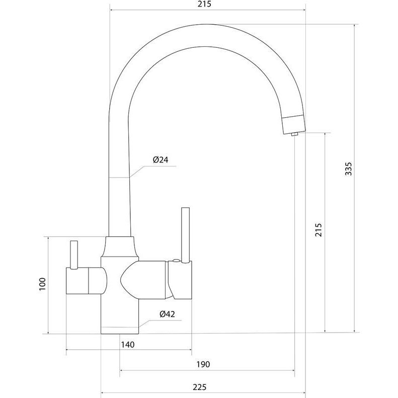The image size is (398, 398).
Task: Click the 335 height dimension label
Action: click(x=349, y=169)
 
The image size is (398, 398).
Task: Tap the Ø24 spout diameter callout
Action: click(x=161, y=160)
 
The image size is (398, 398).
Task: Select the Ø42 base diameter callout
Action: click(x=167, y=314)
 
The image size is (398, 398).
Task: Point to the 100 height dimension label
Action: click(x=42, y=284)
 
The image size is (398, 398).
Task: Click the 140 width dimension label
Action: click(x=128, y=345)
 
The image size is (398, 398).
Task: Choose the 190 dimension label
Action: click(x=203, y=364)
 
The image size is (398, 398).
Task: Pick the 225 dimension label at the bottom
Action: click(x=200, y=387)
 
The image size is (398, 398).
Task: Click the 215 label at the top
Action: click(x=204, y=5)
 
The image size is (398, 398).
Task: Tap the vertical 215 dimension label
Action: click(x=319, y=230)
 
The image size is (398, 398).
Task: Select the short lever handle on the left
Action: click(x=73, y=255)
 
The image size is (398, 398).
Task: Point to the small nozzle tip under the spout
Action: click(x=294, y=134)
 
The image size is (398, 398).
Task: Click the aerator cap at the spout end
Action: click(x=294, y=124)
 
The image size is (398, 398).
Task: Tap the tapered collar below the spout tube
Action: click(x=119, y=247)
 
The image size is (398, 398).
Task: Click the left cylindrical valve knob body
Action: click(x=87, y=281)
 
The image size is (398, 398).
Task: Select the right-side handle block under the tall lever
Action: click(x=180, y=280)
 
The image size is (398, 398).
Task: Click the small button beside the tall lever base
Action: click(x=176, y=260)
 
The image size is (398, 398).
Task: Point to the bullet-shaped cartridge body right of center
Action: click(x=143, y=279)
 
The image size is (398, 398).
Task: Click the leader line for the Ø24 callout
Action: click(x=152, y=172)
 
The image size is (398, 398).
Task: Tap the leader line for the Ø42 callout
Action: click(x=160, y=324)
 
